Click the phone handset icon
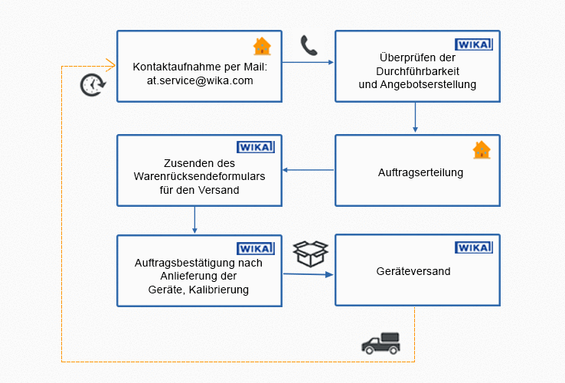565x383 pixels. pos(309,46)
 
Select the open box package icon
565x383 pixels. pos(311,254)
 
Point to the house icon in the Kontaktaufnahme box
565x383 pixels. pos(262,47)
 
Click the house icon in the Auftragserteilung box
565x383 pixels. pos(481,149)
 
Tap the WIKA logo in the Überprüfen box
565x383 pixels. pos(474,44)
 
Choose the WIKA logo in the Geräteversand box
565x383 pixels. pos(474,247)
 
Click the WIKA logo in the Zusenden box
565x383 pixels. pos(256,147)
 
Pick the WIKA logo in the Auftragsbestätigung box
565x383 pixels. pos(256,247)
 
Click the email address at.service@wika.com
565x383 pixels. pos(199,80)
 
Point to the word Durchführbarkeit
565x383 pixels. pos(417,71)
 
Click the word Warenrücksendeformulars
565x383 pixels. pos(199,176)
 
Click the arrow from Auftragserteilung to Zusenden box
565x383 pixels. pos(309,170)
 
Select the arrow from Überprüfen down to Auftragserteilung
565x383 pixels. pos(415,117)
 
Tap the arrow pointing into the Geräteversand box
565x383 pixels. pos(309,273)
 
